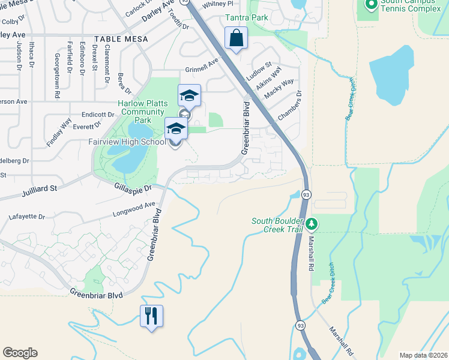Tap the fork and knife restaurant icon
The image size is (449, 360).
click(151, 316)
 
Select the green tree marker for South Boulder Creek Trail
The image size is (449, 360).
click(311, 224)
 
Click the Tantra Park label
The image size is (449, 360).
click(247, 18)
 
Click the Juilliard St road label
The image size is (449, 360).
click(37, 189)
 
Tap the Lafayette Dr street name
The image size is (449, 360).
click(28, 216)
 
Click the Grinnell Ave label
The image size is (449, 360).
click(202, 68)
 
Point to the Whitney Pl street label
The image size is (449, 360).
click(217, 4)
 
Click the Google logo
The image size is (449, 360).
click(19, 353)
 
